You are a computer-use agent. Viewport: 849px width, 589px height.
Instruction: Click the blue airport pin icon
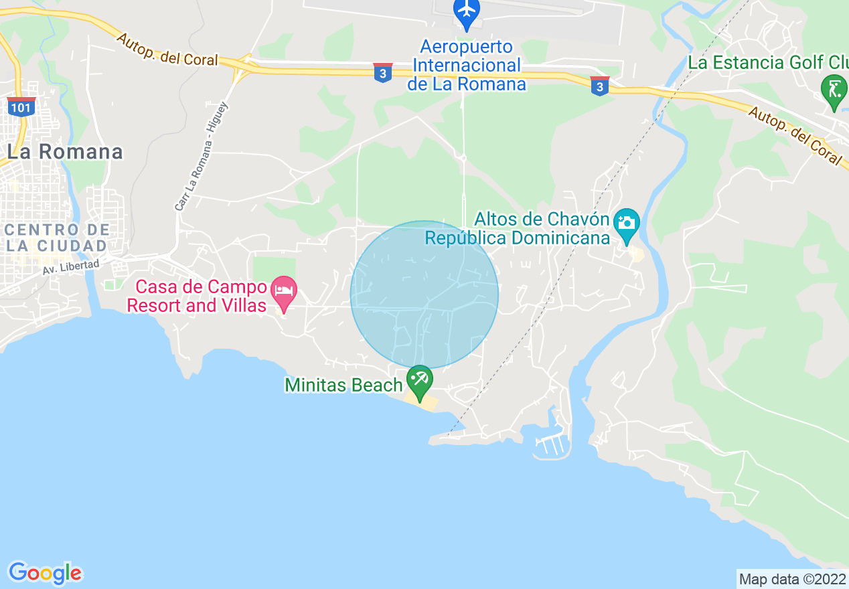point(467,12)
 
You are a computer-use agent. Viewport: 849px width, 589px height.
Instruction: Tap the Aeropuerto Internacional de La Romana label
point(467,66)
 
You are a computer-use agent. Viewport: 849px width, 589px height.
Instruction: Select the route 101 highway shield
point(21,106)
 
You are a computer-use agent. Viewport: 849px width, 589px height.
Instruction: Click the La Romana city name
point(65,152)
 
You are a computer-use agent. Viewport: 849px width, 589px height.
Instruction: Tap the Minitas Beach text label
point(343,385)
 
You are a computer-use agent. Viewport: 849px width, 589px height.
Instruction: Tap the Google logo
point(45,573)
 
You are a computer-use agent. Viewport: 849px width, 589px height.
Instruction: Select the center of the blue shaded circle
point(424,294)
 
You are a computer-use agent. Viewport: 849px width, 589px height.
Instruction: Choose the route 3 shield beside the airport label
point(382,73)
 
